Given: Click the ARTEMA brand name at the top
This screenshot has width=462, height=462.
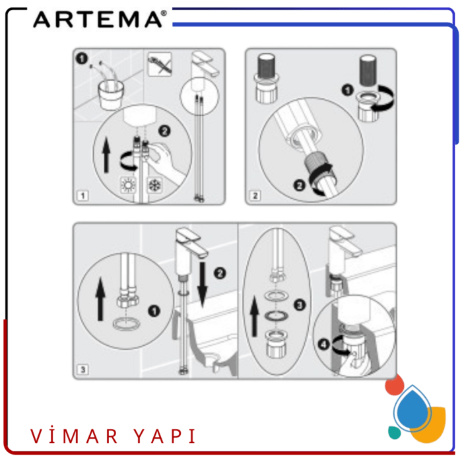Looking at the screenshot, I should (x=96, y=19).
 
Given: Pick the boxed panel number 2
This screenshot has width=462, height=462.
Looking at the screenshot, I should (x=255, y=195).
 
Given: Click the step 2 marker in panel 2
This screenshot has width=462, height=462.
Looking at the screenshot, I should (x=298, y=187).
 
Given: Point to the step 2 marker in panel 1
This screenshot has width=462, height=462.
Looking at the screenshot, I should (x=165, y=131).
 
